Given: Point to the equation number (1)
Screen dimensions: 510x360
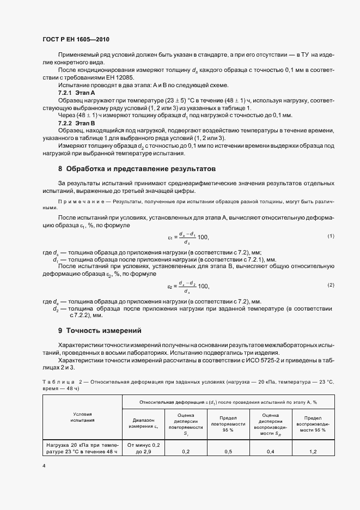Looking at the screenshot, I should (330, 236).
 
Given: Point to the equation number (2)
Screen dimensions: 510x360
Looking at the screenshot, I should (330, 285).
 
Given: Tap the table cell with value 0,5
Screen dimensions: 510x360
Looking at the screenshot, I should (228, 452).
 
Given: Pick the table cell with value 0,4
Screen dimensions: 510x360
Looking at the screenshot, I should (270, 452).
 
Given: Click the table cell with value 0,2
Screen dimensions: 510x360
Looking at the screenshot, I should (186, 452).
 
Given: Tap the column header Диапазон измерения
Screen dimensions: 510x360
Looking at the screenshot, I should (143, 423).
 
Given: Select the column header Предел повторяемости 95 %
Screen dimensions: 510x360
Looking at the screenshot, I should (228, 423).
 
